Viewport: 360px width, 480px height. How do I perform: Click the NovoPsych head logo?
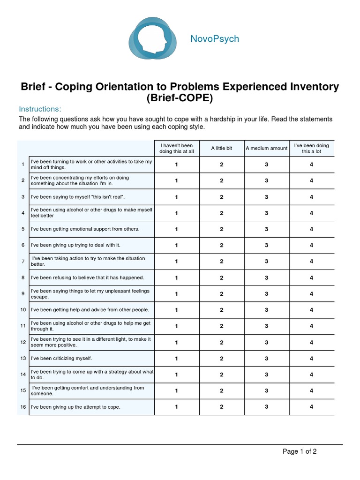[x=153, y=38]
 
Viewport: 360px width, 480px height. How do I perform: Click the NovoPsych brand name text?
[x=214, y=39]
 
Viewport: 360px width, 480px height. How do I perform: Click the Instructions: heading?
[x=40, y=109]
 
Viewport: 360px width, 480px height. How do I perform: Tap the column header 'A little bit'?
[x=221, y=148]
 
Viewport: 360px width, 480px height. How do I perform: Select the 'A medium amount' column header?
[x=266, y=148]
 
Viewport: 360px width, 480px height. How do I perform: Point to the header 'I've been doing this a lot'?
[x=311, y=148]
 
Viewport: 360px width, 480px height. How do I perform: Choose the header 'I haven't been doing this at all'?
[x=176, y=148]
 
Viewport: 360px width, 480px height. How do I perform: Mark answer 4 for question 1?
[x=311, y=165]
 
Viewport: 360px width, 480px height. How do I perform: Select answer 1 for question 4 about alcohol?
[x=176, y=213]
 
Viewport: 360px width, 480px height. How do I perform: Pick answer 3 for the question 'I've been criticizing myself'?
[x=266, y=359]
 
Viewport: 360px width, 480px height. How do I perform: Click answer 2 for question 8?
[x=221, y=277]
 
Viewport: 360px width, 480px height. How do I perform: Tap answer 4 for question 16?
[x=311, y=407]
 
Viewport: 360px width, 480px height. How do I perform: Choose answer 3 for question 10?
[x=266, y=310]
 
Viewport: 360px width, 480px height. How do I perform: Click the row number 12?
[x=23, y=342]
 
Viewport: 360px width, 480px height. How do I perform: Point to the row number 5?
[x=23, y=229]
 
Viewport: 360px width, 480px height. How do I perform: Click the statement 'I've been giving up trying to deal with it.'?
[x=75, y=245]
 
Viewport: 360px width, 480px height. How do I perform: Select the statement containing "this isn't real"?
[x=78, y=197]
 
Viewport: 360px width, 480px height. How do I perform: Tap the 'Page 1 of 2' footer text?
[x=300, y=451]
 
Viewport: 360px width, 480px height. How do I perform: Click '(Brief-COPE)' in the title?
[x=180, y=98]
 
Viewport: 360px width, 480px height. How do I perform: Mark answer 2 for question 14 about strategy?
[x=221, y=375]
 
